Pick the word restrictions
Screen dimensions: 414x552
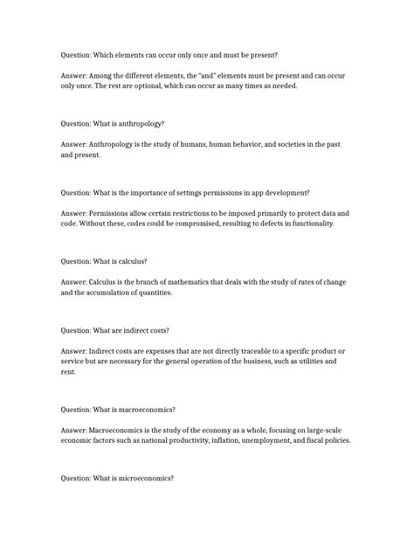(x=196, y=212)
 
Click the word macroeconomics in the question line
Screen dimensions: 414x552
(x=145, y=410)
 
